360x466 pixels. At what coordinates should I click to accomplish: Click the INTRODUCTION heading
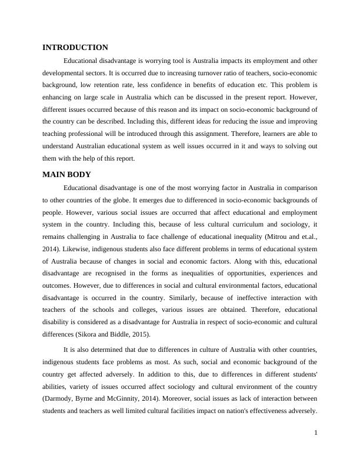tap(75, 48)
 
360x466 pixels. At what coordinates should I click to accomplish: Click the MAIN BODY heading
tap(66, 175)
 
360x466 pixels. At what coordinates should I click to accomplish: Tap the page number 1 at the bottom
tap(316, 433)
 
